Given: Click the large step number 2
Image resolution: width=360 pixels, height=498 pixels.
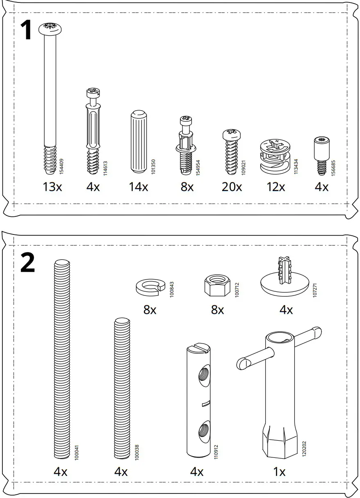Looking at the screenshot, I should coord(27,264).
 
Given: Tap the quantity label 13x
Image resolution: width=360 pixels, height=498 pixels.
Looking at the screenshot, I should coord(52,187).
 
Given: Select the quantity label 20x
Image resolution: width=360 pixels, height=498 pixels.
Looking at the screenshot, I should coord(232,187).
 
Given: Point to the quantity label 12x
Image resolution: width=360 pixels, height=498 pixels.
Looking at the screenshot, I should coord(276,187).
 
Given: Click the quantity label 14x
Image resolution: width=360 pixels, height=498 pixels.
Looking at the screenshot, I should coord(138,187).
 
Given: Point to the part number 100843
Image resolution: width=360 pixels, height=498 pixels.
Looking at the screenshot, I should coord(171,289).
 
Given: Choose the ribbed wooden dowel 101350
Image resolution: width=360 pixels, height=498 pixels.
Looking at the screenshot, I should coord(138,141).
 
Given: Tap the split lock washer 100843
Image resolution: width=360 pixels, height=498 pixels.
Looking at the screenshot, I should coord(150,287).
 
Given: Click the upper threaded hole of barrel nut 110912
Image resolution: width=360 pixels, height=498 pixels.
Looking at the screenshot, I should coord(204,374).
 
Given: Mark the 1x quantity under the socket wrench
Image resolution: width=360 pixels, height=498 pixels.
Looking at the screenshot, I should coord(279,472).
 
